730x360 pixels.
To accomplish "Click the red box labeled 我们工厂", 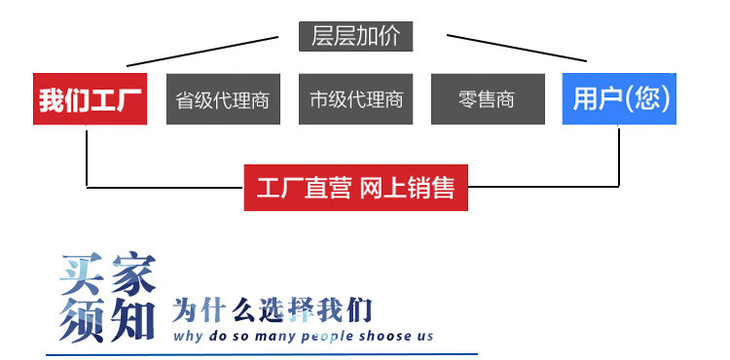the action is click(x=90, y=99).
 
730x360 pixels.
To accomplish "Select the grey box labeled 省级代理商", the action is click(x=222, y=99).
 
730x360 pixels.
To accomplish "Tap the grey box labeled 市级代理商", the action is click(x=355, y=99).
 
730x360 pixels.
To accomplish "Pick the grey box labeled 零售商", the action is click(x=487, y=99).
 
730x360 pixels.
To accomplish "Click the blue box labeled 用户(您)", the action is click(x=619, y=99).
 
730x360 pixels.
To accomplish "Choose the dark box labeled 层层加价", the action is click(x=355, y=36).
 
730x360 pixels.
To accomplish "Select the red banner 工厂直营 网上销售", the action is click(x=355, y=187).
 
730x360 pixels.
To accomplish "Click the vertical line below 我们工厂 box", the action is click(x=88, y=156).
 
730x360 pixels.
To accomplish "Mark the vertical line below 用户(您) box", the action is click(x=619, y=156).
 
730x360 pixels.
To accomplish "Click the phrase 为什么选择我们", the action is click(x=273, y=310).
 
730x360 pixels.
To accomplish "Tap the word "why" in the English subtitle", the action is click(x=189, y=337).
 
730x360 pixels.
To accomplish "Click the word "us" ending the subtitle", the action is click(x=425, y=337).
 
